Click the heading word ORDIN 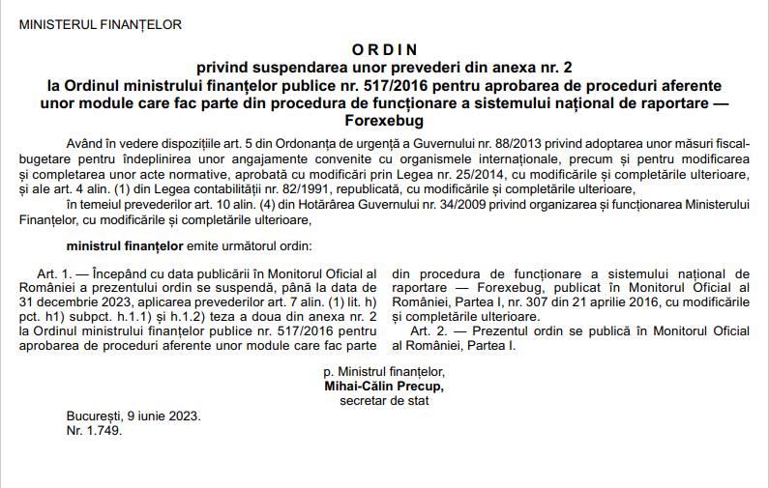click(x=384, y=48)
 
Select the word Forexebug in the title click(x=384, y=121)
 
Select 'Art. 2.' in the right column click(x=431, y=330)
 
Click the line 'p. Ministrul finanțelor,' click(x=384, y=371)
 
